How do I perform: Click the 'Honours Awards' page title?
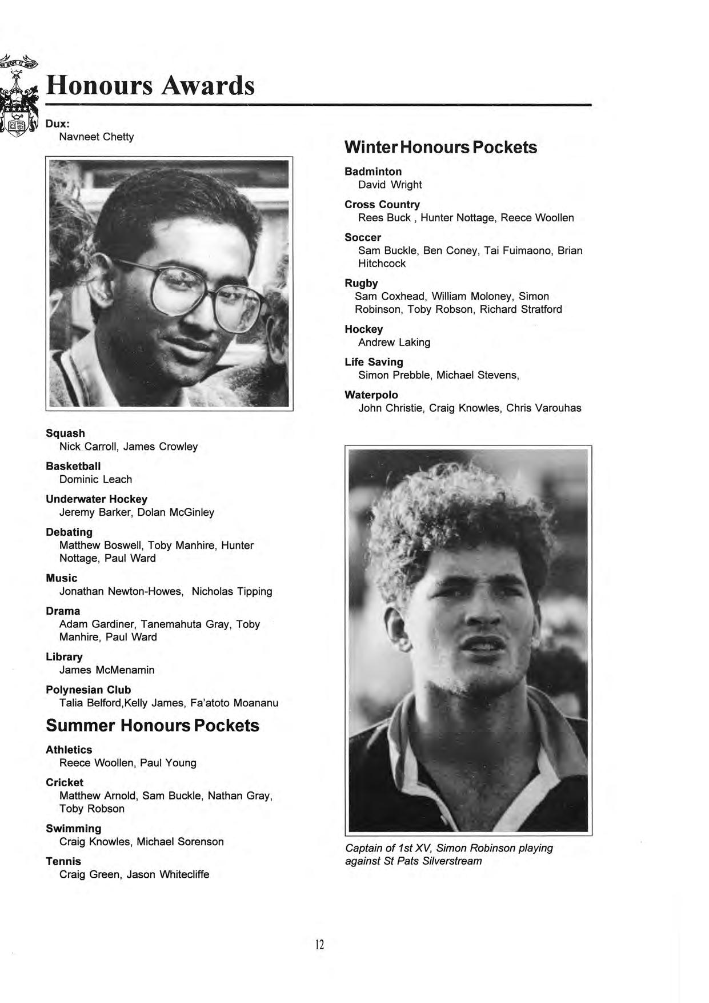click(150, 85)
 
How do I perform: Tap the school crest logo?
click(19, 97)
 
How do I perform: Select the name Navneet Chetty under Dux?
click(97, 137)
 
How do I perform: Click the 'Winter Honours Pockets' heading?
click(440, 148)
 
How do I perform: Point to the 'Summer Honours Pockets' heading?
click(153, 725)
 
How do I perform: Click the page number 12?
click(319, 944)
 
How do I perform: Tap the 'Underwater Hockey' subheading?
click(97, 499)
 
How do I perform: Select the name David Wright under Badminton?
click(390, 185)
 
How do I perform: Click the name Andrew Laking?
click(394, 343)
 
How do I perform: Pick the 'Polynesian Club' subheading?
click(88, 690)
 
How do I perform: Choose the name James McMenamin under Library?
click(107, 670)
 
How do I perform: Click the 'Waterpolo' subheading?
click(371, 395)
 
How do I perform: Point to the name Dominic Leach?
click(95, 479)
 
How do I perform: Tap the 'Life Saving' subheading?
click(374, 362)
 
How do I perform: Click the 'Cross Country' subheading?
click(382, 204)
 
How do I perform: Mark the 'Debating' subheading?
click(69, 532)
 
